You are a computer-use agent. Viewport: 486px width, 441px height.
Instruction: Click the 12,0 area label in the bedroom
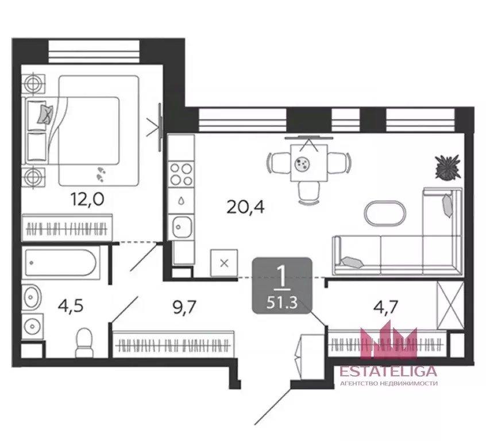[87, 199]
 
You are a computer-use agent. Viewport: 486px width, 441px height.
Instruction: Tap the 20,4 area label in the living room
[245, 207]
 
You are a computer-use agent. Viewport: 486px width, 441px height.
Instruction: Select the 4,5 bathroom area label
[71, 306]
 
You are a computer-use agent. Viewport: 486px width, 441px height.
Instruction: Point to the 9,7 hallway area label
[184, 308]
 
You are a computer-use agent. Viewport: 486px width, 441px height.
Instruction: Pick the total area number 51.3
[282, 302]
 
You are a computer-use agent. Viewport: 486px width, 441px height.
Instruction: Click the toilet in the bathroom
[84, 343]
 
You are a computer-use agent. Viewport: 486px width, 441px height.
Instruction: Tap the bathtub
[61, 263]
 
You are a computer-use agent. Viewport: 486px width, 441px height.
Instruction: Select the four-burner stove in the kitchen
[182, 174]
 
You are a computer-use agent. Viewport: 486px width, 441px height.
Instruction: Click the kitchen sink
[182, 227]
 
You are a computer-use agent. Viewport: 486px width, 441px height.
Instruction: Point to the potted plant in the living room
[448, 167]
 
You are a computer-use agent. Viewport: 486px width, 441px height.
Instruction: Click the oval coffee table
[385, 214]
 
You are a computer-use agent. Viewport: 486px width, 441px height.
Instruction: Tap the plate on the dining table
[302, 164]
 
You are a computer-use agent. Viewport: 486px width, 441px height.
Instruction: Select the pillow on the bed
[45, 114]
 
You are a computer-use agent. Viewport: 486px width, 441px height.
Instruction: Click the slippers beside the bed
[101, 174]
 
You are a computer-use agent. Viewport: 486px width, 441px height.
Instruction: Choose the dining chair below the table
[309, 193]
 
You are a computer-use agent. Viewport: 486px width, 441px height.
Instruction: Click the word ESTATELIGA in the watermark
[388, 371]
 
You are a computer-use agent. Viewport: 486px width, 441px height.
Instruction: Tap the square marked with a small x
[224, 263]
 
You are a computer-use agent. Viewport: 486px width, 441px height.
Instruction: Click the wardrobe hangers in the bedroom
[67, 230]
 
